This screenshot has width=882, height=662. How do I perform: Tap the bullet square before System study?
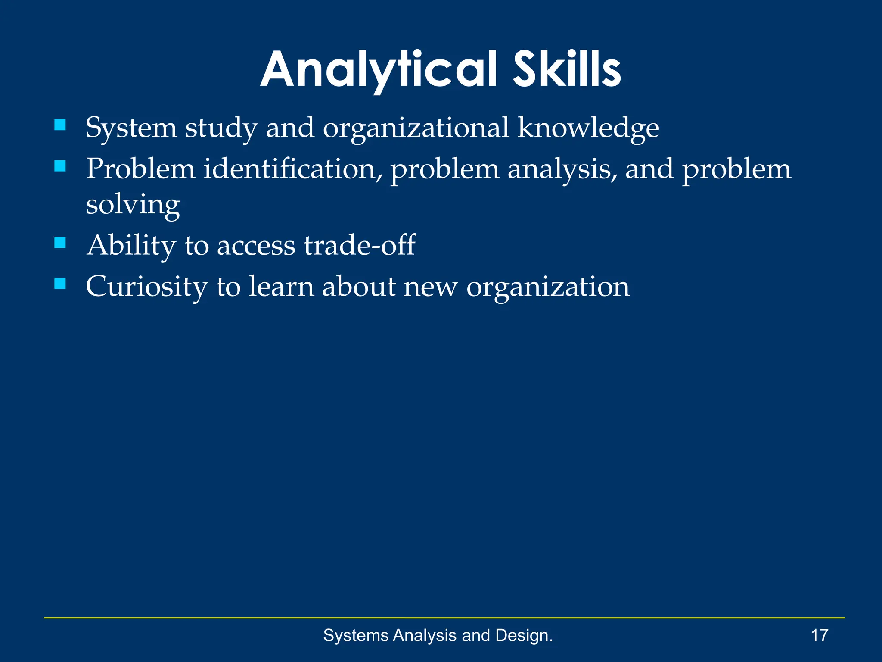[60, 125]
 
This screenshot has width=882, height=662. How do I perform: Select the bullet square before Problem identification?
[60, 166]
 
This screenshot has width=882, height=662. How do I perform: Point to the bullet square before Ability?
[60, 243]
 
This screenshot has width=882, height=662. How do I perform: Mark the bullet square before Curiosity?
[60, 284]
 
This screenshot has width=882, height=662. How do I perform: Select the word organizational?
[416, 128]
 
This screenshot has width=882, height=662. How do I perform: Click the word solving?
[133, 205]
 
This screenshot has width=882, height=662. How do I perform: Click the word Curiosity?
[146, 287]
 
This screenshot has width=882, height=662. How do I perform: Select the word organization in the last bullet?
[548, 287]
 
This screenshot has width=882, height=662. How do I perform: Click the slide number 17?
[820, 635]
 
